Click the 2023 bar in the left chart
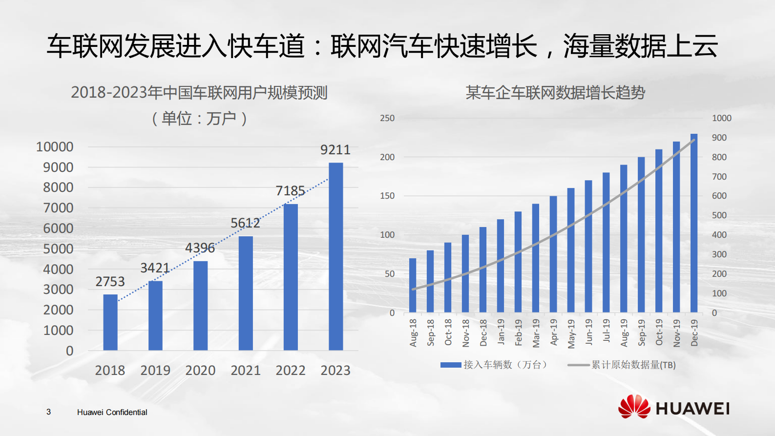point(335,256)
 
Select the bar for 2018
point(110,322)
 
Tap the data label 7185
point(290,191)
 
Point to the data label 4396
point(200,248)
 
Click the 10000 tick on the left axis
point(55,147)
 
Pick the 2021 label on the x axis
point(245,371)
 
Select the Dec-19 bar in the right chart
point(693,223)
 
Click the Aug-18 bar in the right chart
point(413,286)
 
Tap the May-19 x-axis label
point(571,333)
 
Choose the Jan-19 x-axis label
point(501,332)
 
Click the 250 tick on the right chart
point(387,118)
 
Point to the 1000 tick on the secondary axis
point(721,118)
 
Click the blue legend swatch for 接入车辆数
point(450,365)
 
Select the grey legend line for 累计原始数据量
point(578,365)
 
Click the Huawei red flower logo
point(634,407)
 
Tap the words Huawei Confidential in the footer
point(112,412)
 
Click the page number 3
point(48,412)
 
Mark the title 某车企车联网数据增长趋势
point(555,93)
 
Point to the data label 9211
point(335,150)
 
